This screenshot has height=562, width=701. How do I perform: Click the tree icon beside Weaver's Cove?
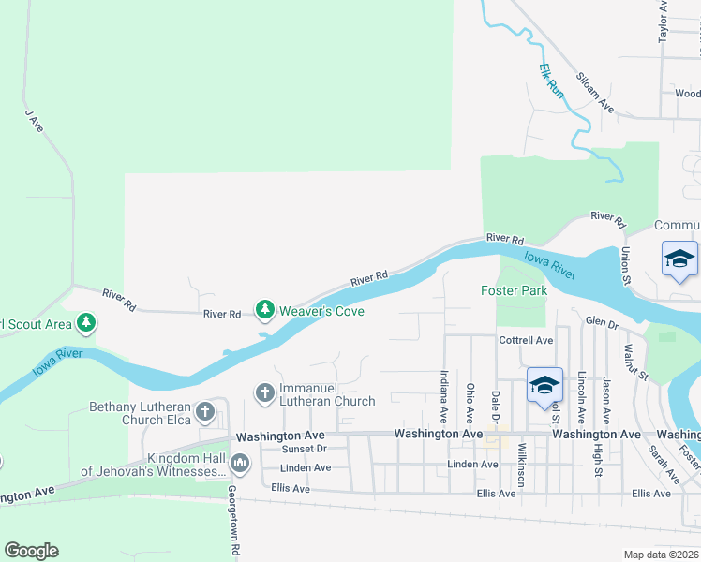[x=265, y=309]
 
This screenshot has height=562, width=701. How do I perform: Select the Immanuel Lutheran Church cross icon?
[x=265, y=392]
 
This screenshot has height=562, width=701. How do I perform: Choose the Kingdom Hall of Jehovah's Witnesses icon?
[x=241, y=463]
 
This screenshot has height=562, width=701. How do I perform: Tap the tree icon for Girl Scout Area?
[x=86, y=324]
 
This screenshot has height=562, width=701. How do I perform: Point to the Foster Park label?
[x=514, y=290]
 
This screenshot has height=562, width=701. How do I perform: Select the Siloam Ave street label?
[x=595, y=93]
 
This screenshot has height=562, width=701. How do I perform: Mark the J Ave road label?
[x=35, y=121]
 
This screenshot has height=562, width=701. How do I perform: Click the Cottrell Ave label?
[x=527, y=340]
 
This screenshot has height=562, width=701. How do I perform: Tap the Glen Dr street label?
[x=602, y=324]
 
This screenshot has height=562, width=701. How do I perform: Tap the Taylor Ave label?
[x=664, y=21]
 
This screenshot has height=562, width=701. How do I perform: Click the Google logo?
[x=31, y=551]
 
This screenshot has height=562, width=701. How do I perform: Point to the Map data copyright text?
[x=661, y=555]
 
